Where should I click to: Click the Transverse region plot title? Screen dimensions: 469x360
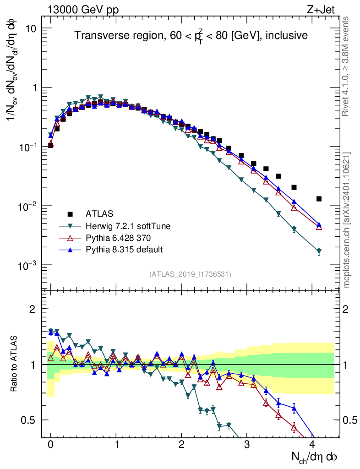191,35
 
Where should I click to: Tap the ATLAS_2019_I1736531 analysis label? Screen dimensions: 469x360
190,274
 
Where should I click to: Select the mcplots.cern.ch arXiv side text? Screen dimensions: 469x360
346,220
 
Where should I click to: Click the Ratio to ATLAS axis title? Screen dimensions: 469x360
15,363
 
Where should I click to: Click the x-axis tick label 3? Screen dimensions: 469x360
247,445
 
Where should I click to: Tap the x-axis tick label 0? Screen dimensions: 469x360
50,445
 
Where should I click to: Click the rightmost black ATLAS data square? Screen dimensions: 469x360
319,199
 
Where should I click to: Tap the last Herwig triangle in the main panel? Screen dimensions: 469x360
319,251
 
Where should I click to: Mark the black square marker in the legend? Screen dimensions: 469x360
70,213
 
